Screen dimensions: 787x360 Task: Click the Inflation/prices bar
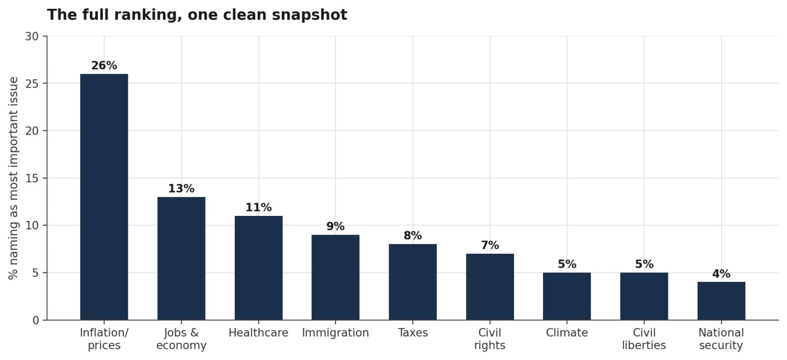tap(104, 197)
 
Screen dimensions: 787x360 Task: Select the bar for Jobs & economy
tap(182, 259)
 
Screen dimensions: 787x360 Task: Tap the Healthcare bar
tap(259, 268)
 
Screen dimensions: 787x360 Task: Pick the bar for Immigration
tap(335, 277)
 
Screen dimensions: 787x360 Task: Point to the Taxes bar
tap(413, 282)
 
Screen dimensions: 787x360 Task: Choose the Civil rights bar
tap(490, 287)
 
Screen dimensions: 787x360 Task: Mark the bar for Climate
tap(567, 297)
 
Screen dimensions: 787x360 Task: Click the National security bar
tap(721, 301)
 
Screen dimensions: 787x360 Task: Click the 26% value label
tap(104, 65)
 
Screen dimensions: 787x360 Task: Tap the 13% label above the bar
tap(182, 188)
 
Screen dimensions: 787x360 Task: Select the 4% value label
tap(721, 273)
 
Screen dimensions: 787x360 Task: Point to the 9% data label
tap(335, 226)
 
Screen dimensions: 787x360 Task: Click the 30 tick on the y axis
tap(32, 36)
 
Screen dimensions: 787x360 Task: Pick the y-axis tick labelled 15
tap(32, 178)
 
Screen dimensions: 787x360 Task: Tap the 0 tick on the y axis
tap(36, 320)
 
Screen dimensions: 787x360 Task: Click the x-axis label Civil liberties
tap(644, 339)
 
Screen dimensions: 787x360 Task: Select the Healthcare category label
tap(259, 332)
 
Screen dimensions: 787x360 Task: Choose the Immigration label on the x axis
tap(335, 332)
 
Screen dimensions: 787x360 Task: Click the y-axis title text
tap(13, 178)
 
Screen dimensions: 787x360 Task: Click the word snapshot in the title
tap(309, 15)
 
